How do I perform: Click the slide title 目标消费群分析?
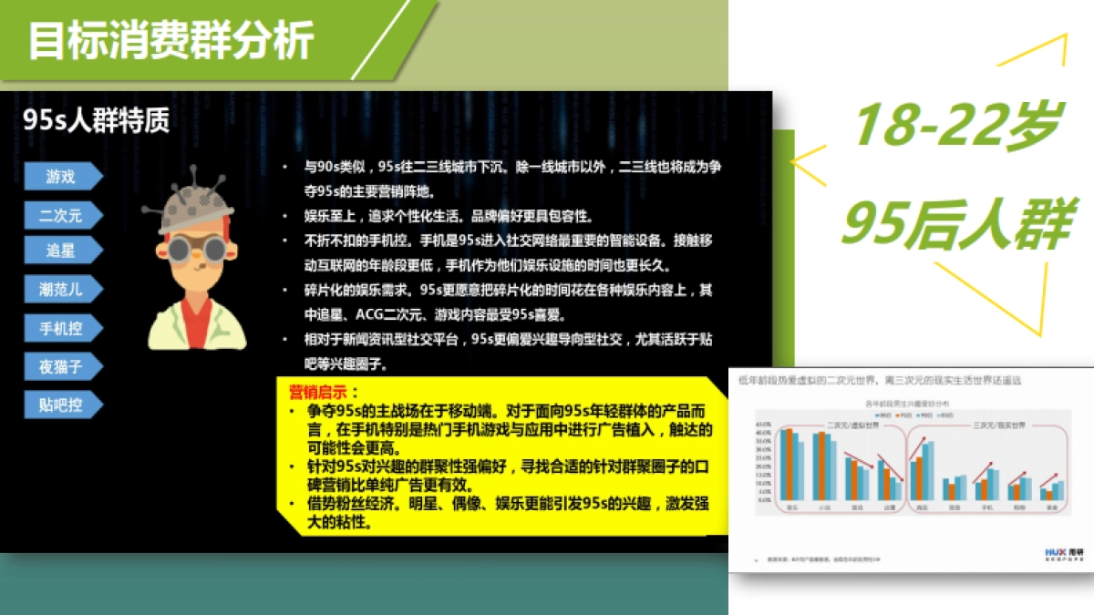coord(171,41)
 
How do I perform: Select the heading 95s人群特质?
coord(97,121)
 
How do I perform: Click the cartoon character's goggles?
coord(194,249)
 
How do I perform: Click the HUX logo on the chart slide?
coord(1056,551)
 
